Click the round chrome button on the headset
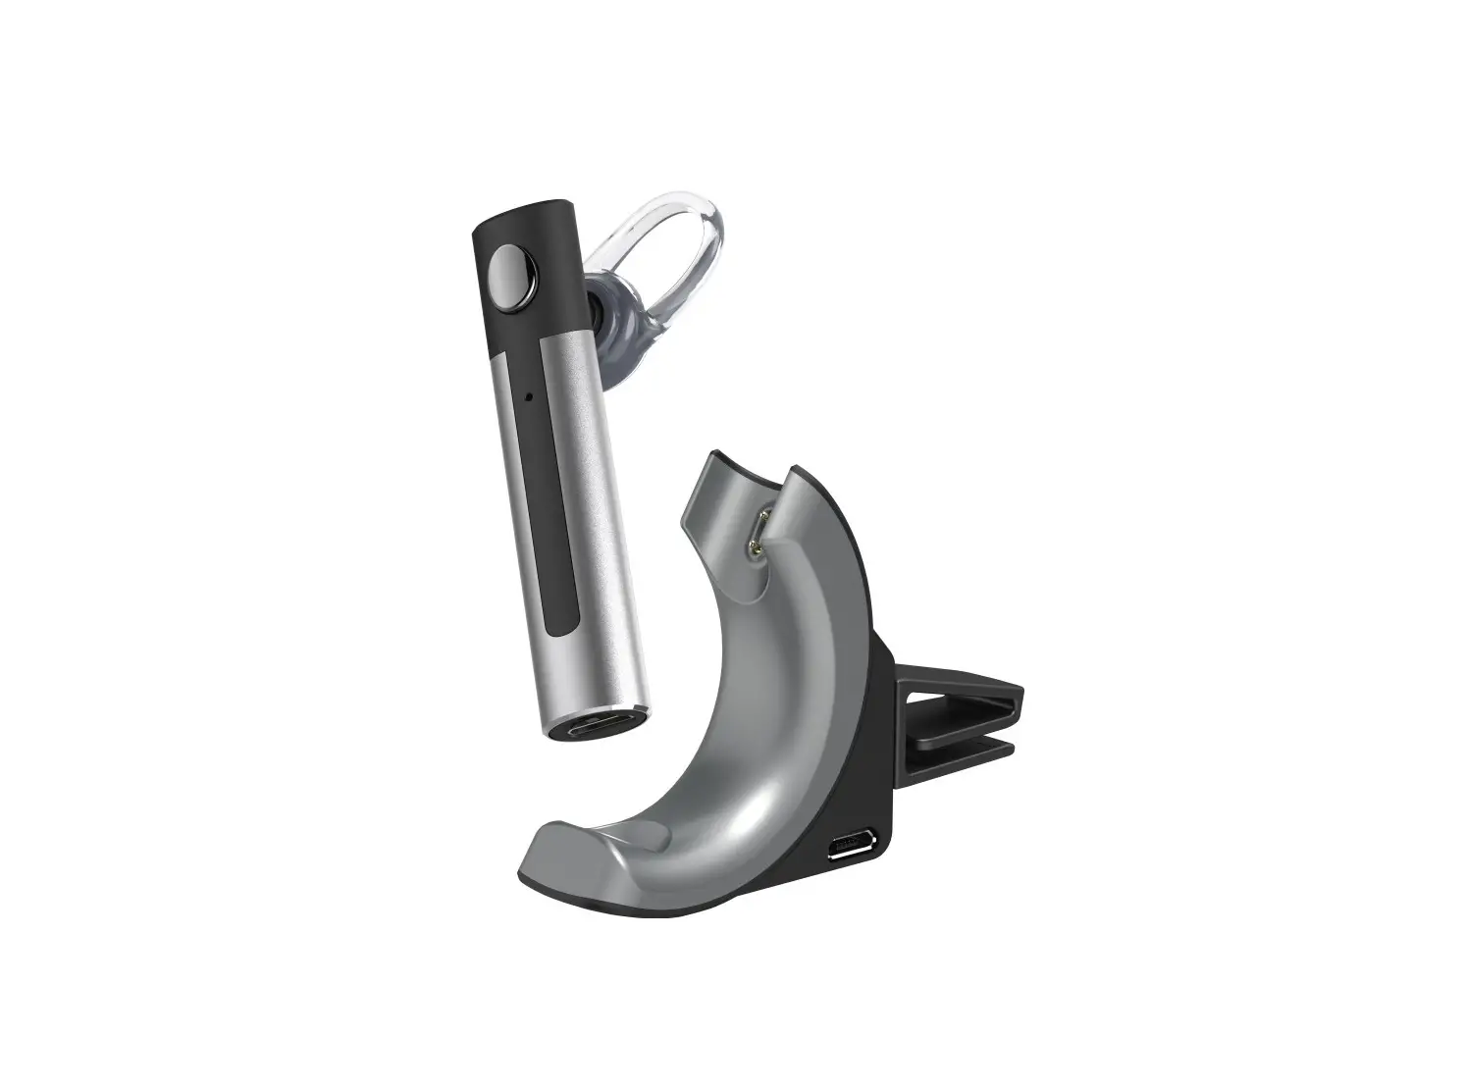tap(506, 270)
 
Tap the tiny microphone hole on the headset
tap(528, 397)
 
